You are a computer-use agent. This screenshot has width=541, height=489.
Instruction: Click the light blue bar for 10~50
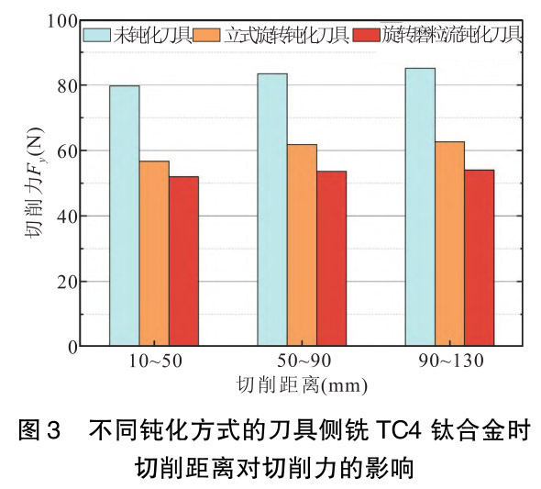pos(125,216)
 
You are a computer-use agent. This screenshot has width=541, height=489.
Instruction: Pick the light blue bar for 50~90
pos(272,210)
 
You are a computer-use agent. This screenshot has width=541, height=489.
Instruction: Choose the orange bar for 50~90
pos(302,245)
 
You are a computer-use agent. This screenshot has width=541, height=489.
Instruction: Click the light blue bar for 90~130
pos(420,207)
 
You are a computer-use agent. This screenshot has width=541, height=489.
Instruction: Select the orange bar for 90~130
pos(449,244)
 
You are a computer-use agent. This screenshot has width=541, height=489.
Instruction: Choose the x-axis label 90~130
pos(449,361)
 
